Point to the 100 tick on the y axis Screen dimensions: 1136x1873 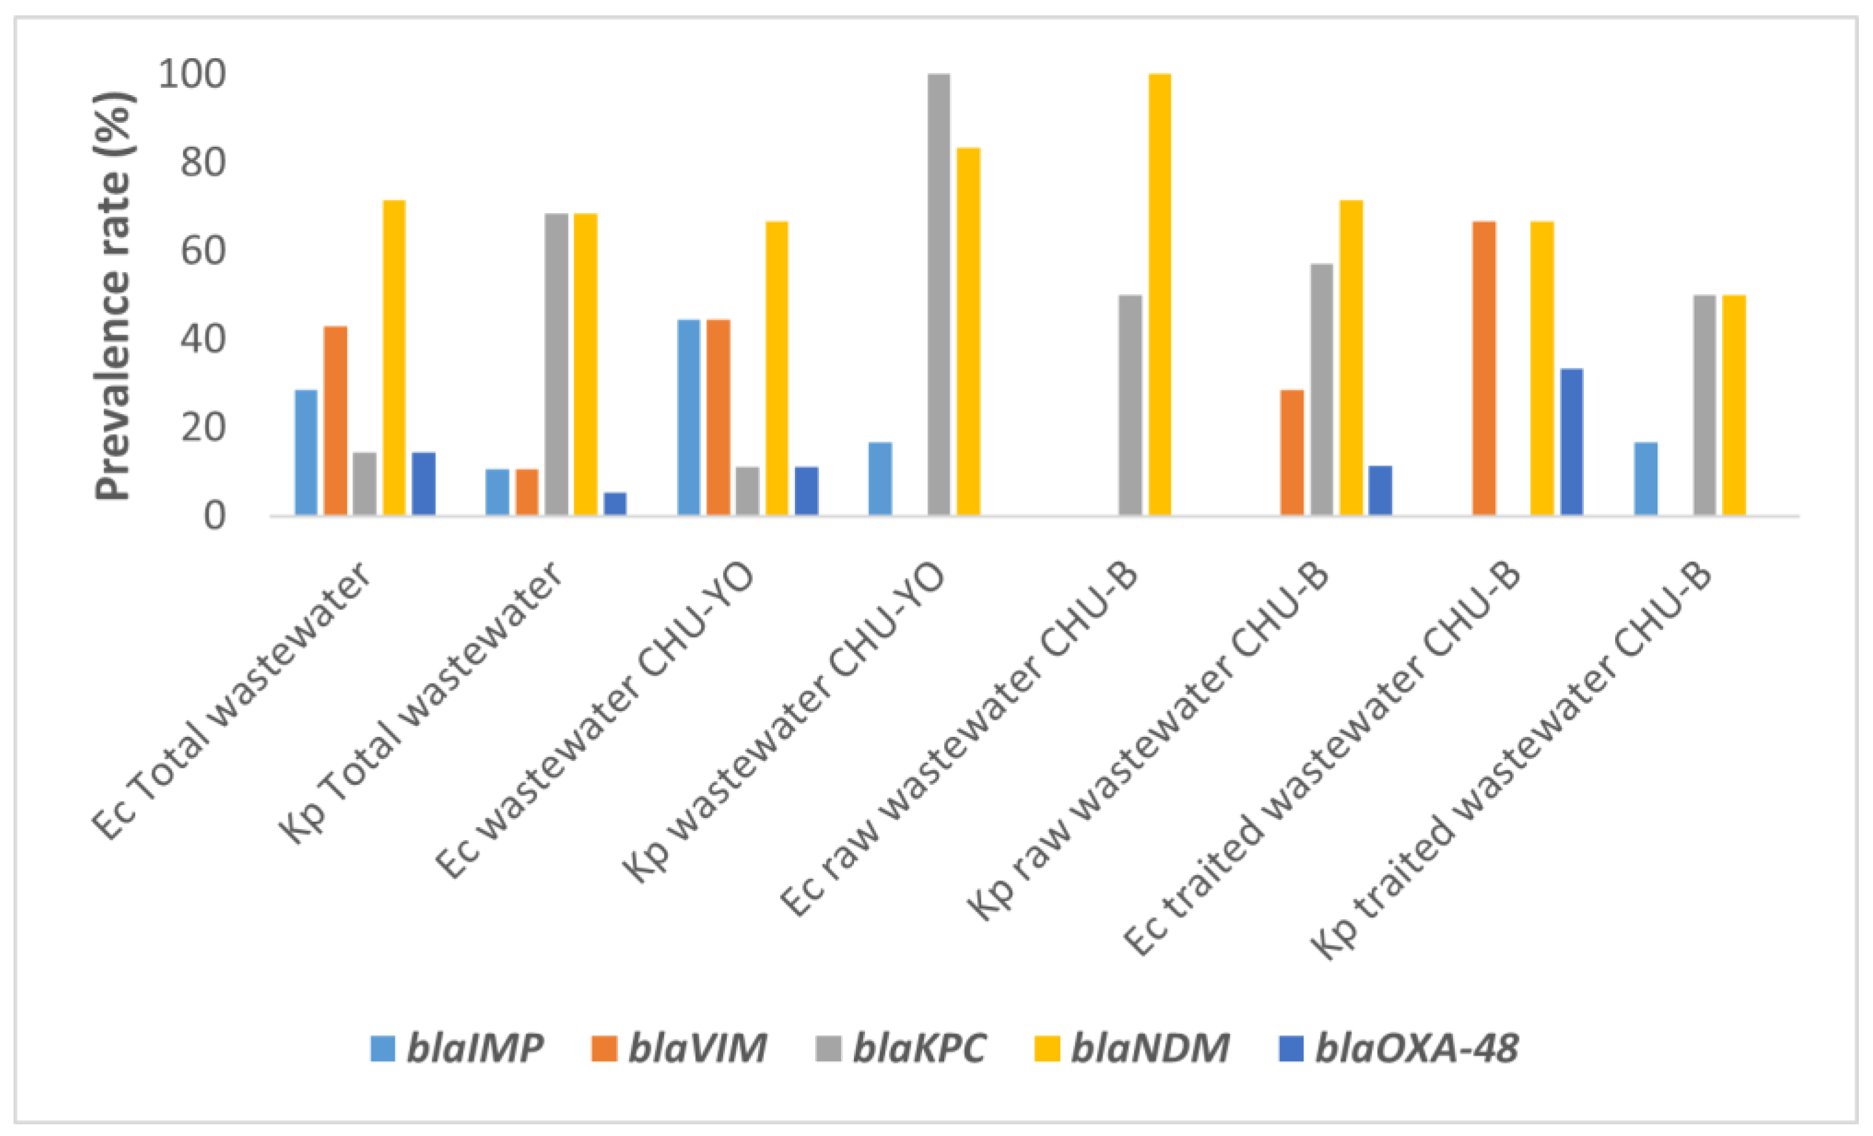click(192, 74)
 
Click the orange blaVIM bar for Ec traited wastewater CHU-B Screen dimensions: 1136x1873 click(1484, 369)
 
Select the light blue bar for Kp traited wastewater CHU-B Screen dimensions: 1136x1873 click(1646, 479)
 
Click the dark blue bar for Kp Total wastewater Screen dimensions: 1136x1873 click(615, 504)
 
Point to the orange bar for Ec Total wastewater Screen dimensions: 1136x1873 click(335, 421)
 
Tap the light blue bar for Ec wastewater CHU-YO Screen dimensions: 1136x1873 click(688, 418)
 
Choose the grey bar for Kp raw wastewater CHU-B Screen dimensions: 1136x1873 click(1321, 389)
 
